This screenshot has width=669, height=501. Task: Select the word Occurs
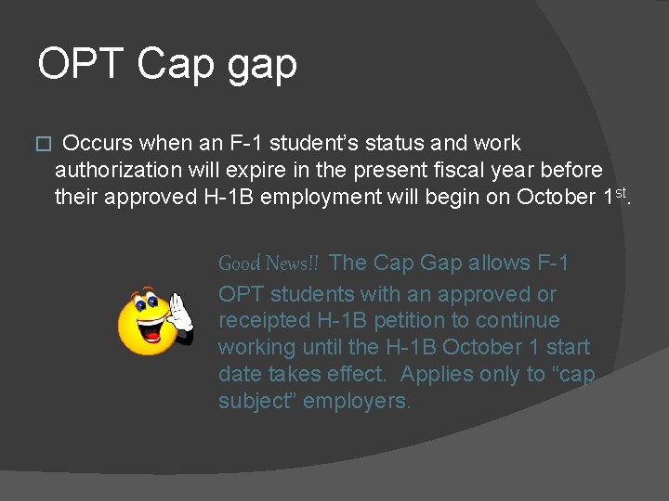coord(98,144)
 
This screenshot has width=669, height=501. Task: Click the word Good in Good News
coord(239,263)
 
